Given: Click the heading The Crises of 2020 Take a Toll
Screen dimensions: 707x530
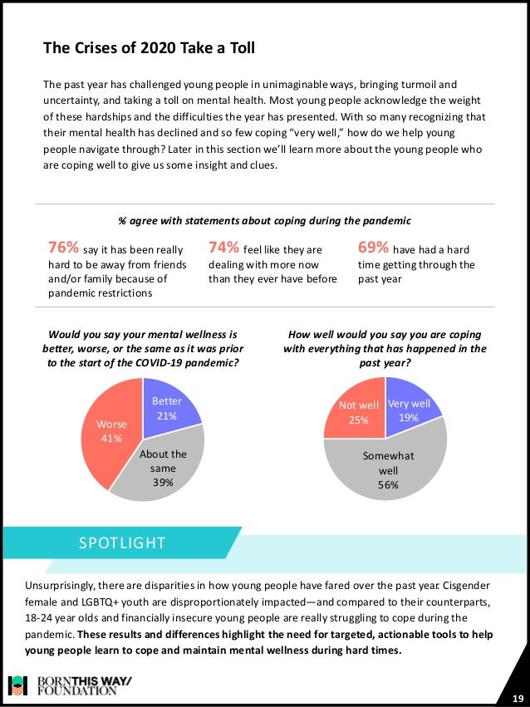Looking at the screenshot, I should tap(149, 49).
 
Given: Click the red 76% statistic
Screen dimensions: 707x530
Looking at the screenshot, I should tap(64, 248).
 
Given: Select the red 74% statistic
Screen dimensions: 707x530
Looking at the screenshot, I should tap(223, 248).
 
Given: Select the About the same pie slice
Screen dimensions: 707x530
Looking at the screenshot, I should tap(163, 469).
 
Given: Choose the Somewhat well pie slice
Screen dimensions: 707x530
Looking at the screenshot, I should tap(387, 469).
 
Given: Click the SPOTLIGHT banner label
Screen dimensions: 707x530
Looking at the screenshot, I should tap(122, 543).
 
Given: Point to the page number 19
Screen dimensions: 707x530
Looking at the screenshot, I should tap(517, 696).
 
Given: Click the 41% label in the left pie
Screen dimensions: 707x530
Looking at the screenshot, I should tap(111, 439).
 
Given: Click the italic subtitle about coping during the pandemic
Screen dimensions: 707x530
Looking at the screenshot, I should tap(264, 221).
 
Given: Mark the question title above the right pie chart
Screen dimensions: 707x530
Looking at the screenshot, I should tap(385, 348).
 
